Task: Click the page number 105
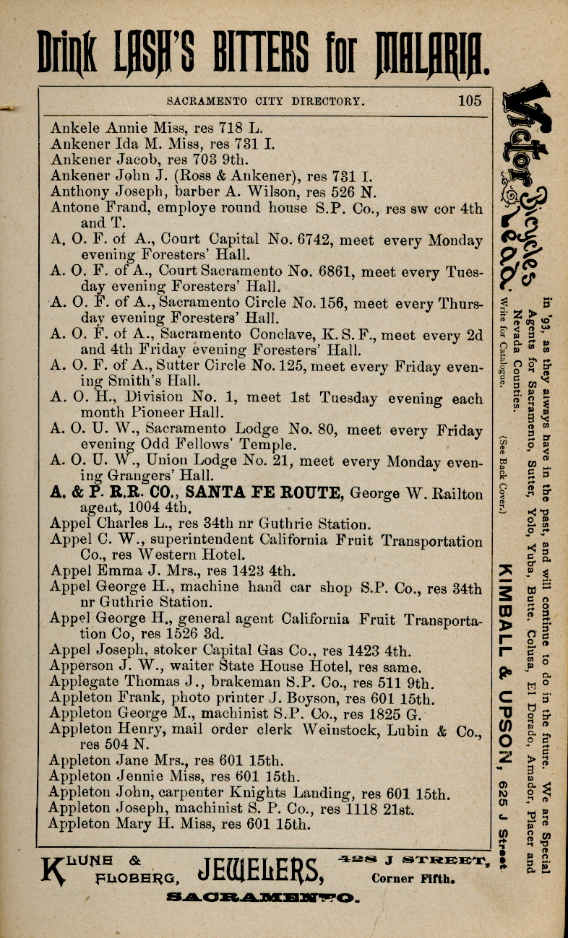coord(469,100)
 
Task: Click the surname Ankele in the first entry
coord(76,129)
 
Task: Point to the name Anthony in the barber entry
coord(80,192)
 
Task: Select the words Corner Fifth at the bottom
coord(412,879)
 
